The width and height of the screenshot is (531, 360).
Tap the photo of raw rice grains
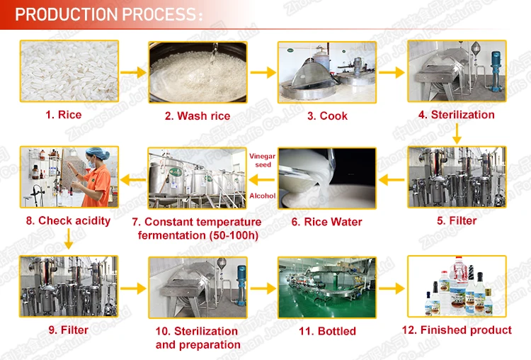pos(69,70)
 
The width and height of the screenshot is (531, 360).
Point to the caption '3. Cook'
pos(327,116)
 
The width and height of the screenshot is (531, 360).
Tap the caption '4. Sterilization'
pos(457,115)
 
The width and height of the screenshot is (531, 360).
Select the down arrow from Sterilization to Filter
pos(457,133)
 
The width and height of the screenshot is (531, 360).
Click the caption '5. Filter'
pos(457,220)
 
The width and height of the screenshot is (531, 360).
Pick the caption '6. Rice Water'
pos(327,222)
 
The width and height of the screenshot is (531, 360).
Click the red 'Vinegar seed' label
pos(262,159)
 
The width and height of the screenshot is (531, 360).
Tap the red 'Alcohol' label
pos(262,196)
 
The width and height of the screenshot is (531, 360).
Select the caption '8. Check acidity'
pos(69,220)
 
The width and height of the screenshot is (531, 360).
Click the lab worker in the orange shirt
pos(98,181)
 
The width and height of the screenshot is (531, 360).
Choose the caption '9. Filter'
pos(69,330)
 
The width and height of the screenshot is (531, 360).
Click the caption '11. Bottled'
pos(327,331)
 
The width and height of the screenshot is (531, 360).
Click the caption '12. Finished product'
pos(457,330)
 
